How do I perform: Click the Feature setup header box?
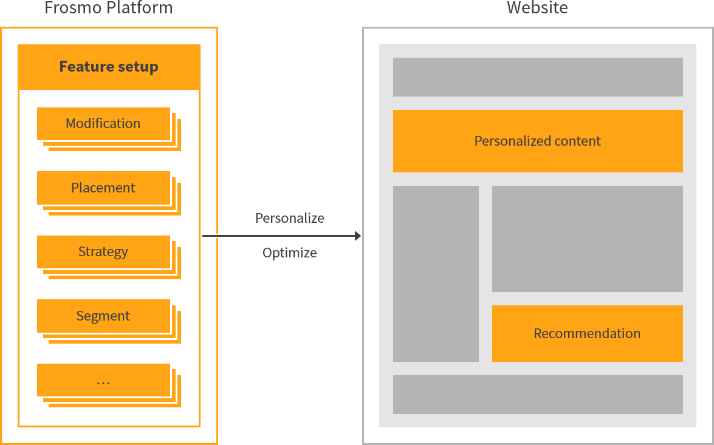pos(109,67)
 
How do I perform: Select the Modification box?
pos(103,124)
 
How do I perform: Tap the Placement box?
pos(103,188)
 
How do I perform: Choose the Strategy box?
pos(103,252)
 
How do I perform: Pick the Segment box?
pos(103,316)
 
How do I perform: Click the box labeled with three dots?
pos(103,380)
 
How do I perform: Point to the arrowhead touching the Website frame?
pos(357,236)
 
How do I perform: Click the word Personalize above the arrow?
pos(289,218)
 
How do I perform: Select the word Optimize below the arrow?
pos(289,253)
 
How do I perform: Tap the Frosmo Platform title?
pos(109,8)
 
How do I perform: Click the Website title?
pos(537,8)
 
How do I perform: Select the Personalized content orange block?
pos(538,141)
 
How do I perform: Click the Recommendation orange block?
pos(587,333)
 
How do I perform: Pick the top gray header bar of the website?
pos(538,77)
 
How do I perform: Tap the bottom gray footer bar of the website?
pos(538,395)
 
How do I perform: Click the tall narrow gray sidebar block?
pos(436,273)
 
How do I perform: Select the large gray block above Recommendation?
pos(587,239)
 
